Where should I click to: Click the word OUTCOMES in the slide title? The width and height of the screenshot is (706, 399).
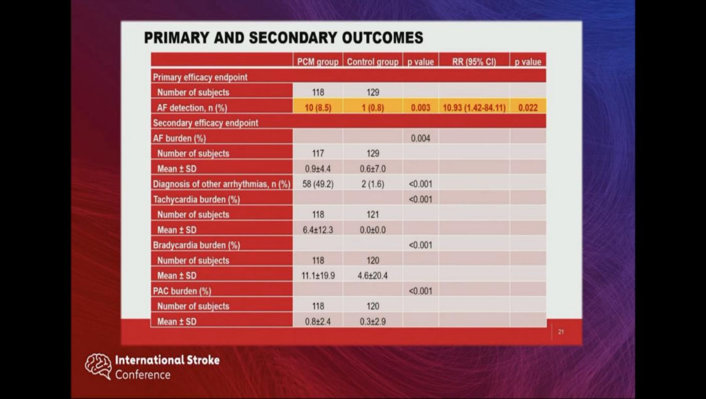tap(382, 38)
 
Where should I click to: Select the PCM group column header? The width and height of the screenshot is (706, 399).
tap(318, 61)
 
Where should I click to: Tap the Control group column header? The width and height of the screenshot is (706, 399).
tap(373, 61)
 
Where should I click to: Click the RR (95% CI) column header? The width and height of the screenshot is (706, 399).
tap(474, 61)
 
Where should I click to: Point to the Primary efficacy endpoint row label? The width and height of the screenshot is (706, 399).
tap(200, 77)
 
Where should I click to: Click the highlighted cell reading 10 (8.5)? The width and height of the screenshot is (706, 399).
tap(318, 108)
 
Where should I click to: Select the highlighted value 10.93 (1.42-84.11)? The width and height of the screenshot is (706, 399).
tap(474, 108)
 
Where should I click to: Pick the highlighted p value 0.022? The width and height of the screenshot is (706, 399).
tap(528, 108)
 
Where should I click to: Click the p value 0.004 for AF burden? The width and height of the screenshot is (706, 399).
tap(420, 138)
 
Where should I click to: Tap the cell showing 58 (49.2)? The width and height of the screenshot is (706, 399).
tap(318, 184)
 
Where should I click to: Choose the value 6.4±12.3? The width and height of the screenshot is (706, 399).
tap(318, 230)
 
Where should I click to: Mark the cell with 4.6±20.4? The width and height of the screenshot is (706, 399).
tap(373, 275)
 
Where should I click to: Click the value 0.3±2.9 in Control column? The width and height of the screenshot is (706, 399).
tap(373, 322)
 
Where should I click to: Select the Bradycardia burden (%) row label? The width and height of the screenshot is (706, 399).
tap(196, 245)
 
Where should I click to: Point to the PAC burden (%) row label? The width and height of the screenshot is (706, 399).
tap(182, 291)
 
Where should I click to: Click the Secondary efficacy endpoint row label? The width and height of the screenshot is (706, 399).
tap(205, 123)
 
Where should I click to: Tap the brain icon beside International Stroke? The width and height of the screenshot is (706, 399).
tap(98, 366)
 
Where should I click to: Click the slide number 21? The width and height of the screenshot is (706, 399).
tap(561, 332)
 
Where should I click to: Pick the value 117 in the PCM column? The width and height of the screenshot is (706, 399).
tap(318, 154)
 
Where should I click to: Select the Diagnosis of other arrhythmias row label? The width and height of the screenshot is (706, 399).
tap(222, 184)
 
